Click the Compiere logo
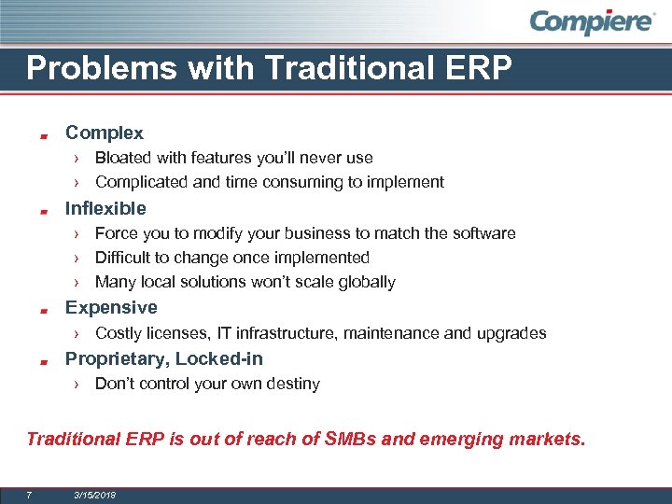pos(593,22)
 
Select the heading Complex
pos(104,133)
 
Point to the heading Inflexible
pos(105,208)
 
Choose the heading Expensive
pos(110,307)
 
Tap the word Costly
pos(119,333)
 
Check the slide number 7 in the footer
pos(30,494)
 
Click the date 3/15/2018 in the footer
pos(94,494)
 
